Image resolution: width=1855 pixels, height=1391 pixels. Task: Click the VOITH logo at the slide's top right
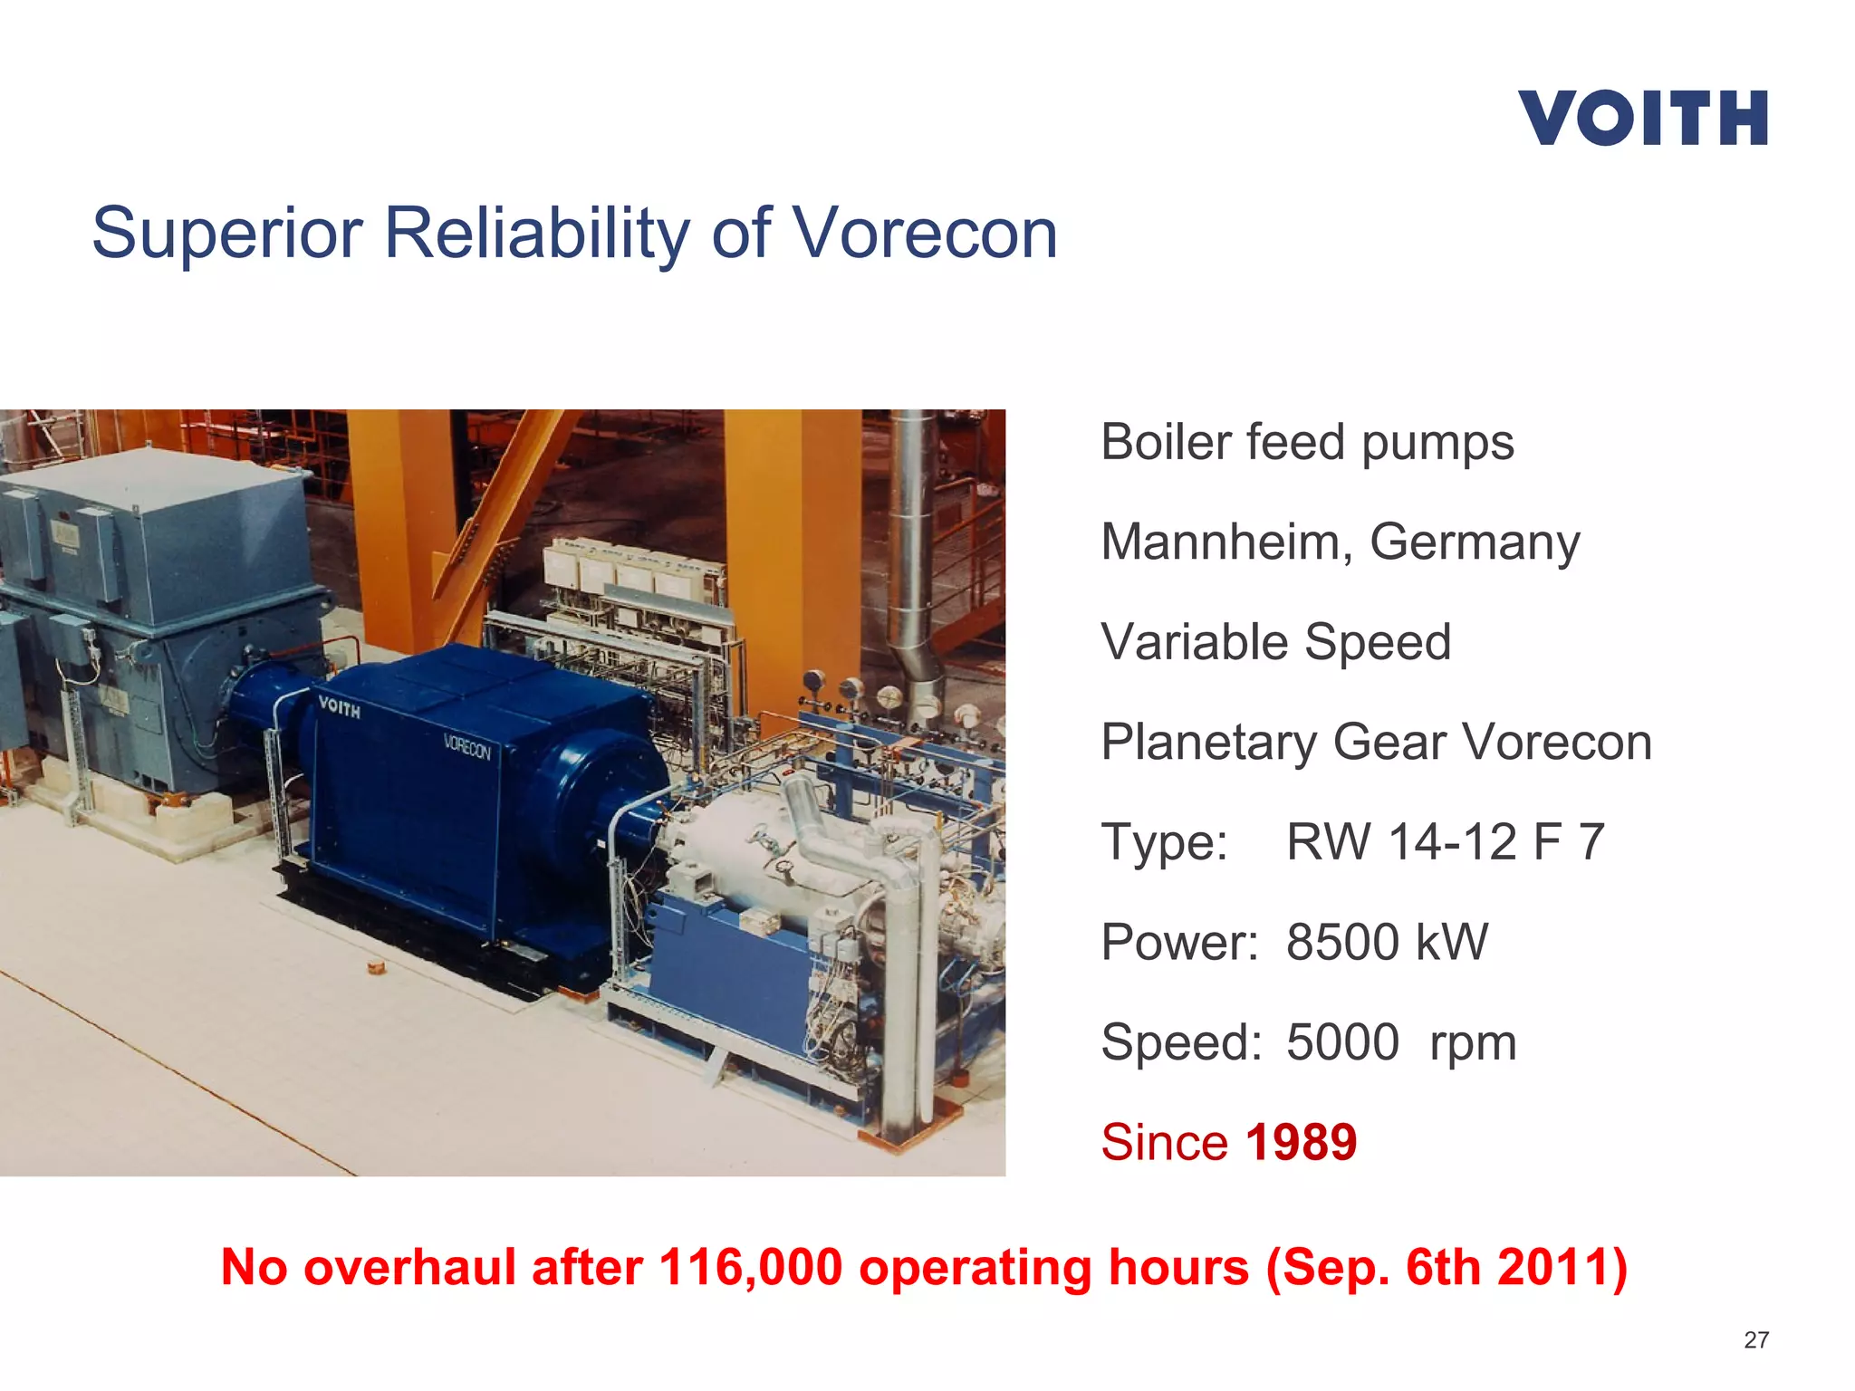click(x=1643, y=118)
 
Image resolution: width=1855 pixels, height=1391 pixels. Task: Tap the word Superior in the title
click(x=227, y=234)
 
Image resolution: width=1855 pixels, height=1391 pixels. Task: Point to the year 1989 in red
click(x=1301, y=1142)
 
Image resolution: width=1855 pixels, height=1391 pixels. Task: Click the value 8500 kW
click(x=1387, y=943)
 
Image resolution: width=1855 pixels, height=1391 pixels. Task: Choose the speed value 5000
click(x=1342, y=1042)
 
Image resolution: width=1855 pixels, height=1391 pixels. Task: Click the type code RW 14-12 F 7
click(x=1445, y=842)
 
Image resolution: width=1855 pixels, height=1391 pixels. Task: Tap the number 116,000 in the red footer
click(x=751, y=1267)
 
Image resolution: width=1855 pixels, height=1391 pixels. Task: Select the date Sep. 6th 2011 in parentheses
click(x=1447, y=1267)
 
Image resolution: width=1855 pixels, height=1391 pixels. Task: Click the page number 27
click(x=1755, y=1340)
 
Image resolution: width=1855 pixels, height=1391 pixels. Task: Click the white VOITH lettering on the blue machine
click(x=340, y=707)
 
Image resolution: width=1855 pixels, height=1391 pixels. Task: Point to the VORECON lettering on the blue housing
click(x=466, y=748)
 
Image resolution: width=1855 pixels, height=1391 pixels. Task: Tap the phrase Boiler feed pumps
click(x=1307, y=443)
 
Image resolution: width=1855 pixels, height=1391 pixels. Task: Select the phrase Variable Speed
click(x=1275, y=642)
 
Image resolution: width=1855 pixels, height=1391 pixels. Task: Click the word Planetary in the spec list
click(x=1208, y=743)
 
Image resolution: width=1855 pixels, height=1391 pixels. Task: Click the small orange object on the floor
click(x=376, y=968)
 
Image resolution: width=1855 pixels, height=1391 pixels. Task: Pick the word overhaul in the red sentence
click(x=410, y=1267)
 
